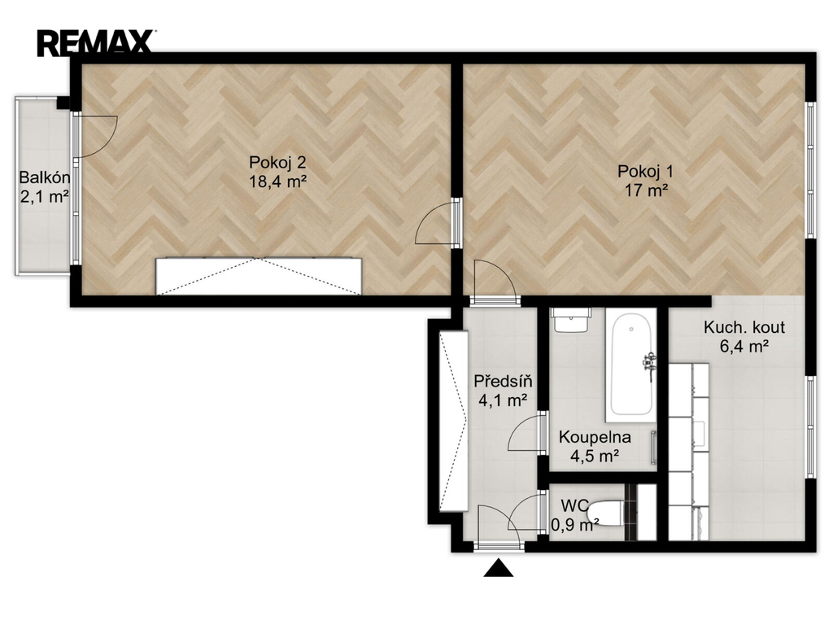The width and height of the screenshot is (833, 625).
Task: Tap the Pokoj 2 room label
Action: click(277, 162)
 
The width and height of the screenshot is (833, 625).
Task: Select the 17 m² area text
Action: click(645, 190)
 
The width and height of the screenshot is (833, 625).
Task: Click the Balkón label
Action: click(45, 177)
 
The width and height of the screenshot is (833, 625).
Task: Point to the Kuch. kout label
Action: click(744, 327)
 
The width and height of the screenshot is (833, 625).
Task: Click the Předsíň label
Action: click(503, 381)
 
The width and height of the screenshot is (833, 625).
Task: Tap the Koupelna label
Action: click(595, 437)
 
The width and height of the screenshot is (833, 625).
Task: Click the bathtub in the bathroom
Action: click(631, 364)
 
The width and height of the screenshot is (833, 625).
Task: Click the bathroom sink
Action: click(571, 320)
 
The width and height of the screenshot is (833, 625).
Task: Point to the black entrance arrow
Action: click(499, 568)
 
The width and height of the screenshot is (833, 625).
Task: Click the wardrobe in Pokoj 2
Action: click(259, 276)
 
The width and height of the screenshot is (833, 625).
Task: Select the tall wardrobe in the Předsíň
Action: click(453, 421)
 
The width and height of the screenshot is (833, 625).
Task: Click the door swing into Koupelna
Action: click(526, 433)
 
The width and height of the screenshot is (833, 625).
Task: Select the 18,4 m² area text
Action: click(278, 181)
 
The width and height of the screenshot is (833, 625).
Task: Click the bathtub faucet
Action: click(649, 364)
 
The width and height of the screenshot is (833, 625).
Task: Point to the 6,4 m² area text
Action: click(744, 347)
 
